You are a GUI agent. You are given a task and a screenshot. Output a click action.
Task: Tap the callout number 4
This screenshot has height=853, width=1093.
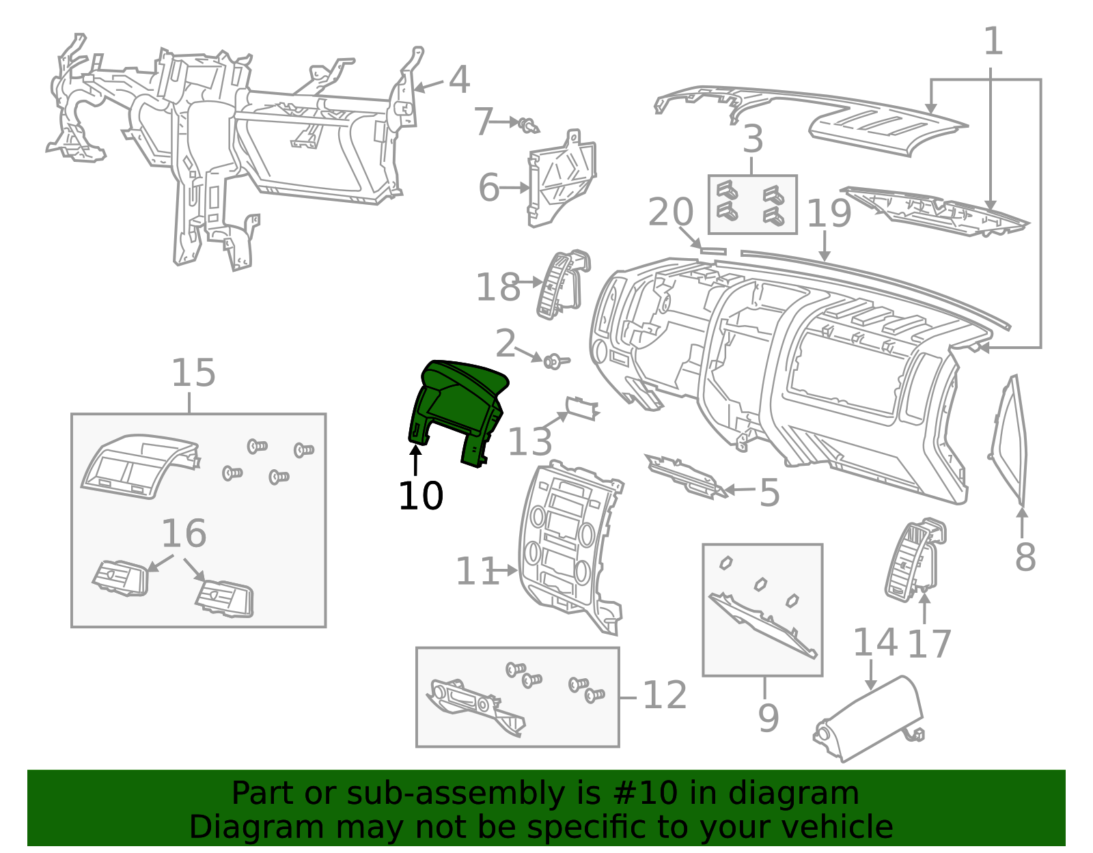(x=459, y=80)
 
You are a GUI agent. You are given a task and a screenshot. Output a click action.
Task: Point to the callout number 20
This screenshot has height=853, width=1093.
(x=671, y=212)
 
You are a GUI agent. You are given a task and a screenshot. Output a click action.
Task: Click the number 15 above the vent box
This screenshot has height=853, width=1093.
(x=193, y=372)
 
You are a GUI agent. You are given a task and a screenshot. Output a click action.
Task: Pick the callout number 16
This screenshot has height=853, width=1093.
(x=184, y=533)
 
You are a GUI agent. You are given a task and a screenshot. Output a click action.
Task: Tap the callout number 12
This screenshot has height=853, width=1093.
(x=665, y=695)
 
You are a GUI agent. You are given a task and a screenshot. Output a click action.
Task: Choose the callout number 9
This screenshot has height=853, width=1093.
(x=768, y=718)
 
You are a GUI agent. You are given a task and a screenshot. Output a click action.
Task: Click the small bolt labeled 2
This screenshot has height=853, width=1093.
(x=555, y=361)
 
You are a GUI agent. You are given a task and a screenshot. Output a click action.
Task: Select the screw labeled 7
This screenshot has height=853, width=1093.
(x=528, y=125)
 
